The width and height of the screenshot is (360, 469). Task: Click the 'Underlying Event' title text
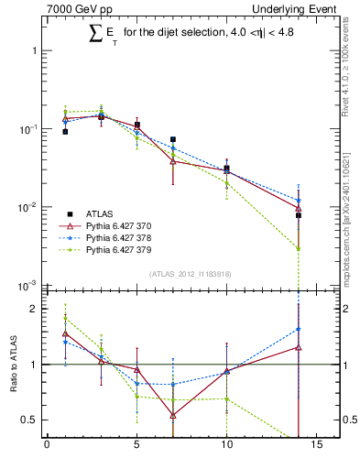click(296, 9)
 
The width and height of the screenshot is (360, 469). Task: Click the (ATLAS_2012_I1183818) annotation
click(189, 273)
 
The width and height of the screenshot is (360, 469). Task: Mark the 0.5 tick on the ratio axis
click(31, 420)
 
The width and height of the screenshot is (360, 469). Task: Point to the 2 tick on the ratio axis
click(36, 309)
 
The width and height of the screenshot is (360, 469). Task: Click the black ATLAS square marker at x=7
click(173, 140)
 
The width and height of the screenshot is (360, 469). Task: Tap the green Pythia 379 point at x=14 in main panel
click(299, 248)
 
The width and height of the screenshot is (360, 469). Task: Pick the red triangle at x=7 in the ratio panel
click(173, 415)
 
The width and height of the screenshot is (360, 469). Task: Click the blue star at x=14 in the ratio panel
click(299, 329)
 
